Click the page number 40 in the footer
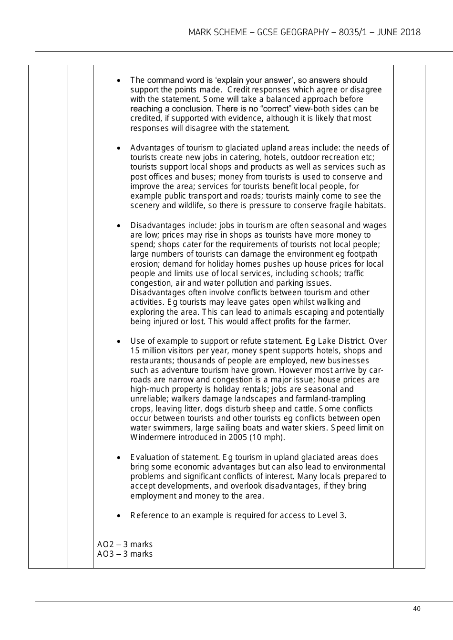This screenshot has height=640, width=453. [417, 609]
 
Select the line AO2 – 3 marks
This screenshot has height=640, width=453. [125, 544]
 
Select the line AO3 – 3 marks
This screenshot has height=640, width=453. [125, 554]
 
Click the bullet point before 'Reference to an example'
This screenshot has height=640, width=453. [118, 516]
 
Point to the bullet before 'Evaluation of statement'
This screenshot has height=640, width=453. [118, 458]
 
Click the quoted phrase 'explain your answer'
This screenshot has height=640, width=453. [251, 80]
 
